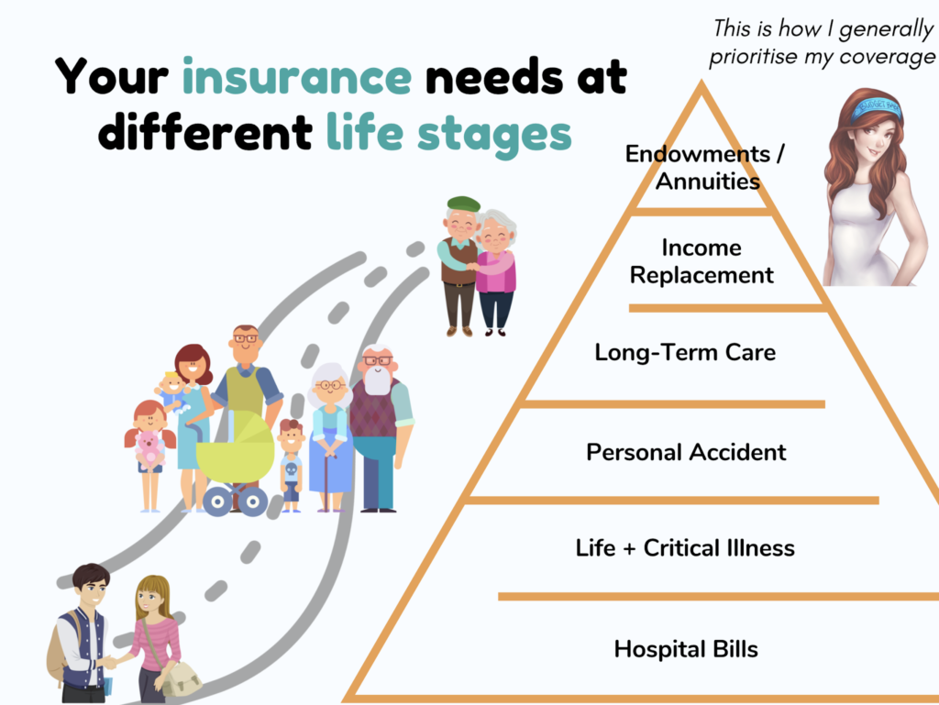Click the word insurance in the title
coord(297,77)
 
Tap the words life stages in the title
coord(449,134)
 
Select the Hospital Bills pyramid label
coord(686,649)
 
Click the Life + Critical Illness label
coord(685,547)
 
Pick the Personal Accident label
coord(686,452)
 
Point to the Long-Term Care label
coord(685,352)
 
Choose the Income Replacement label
coord(701,261)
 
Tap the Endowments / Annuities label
coord(705,168)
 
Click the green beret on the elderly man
coord(463,204)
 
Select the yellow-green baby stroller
coord(236,461)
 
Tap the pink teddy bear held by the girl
coord(149,447)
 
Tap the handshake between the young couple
coord(110,662)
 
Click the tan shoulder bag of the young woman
coord(181,678)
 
